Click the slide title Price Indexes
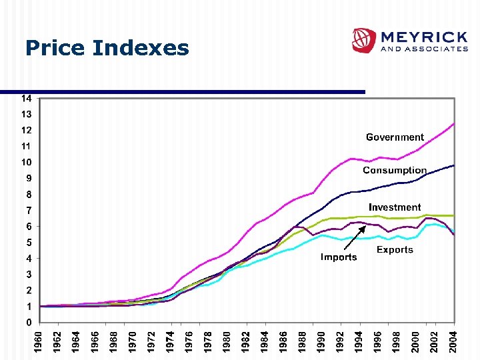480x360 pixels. click(x=107, y=48)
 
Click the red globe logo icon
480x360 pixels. click(x=364, y=41)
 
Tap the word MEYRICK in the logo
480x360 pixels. click(x=423, y=36)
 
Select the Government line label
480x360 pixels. click(x=395, y=137)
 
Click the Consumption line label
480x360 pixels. click(x=395, y=171)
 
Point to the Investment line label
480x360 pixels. click(x=395, y=207)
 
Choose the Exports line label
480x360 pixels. click(x=395, y=250)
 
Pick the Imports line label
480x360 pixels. click(x=339, y=257)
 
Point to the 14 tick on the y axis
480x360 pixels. click(x=25, y=98)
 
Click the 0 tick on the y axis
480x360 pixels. click(x=28, y=322)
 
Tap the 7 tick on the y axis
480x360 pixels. click(x=28, y=210)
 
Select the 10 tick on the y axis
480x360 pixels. click(x=25, y=162)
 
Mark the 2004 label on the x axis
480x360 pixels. click(x=454, y=341)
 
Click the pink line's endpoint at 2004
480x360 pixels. click(x=454, y=123)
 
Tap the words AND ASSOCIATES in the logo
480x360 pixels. click(x=423, y=49)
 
